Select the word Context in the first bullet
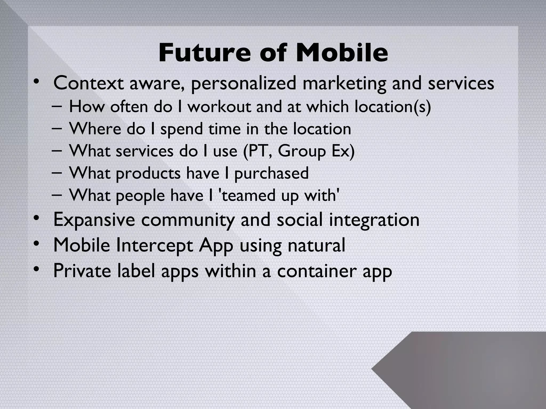coord(89,83)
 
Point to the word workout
coord(219,107)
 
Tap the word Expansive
coord(94,220)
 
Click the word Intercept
coord(154,245)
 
